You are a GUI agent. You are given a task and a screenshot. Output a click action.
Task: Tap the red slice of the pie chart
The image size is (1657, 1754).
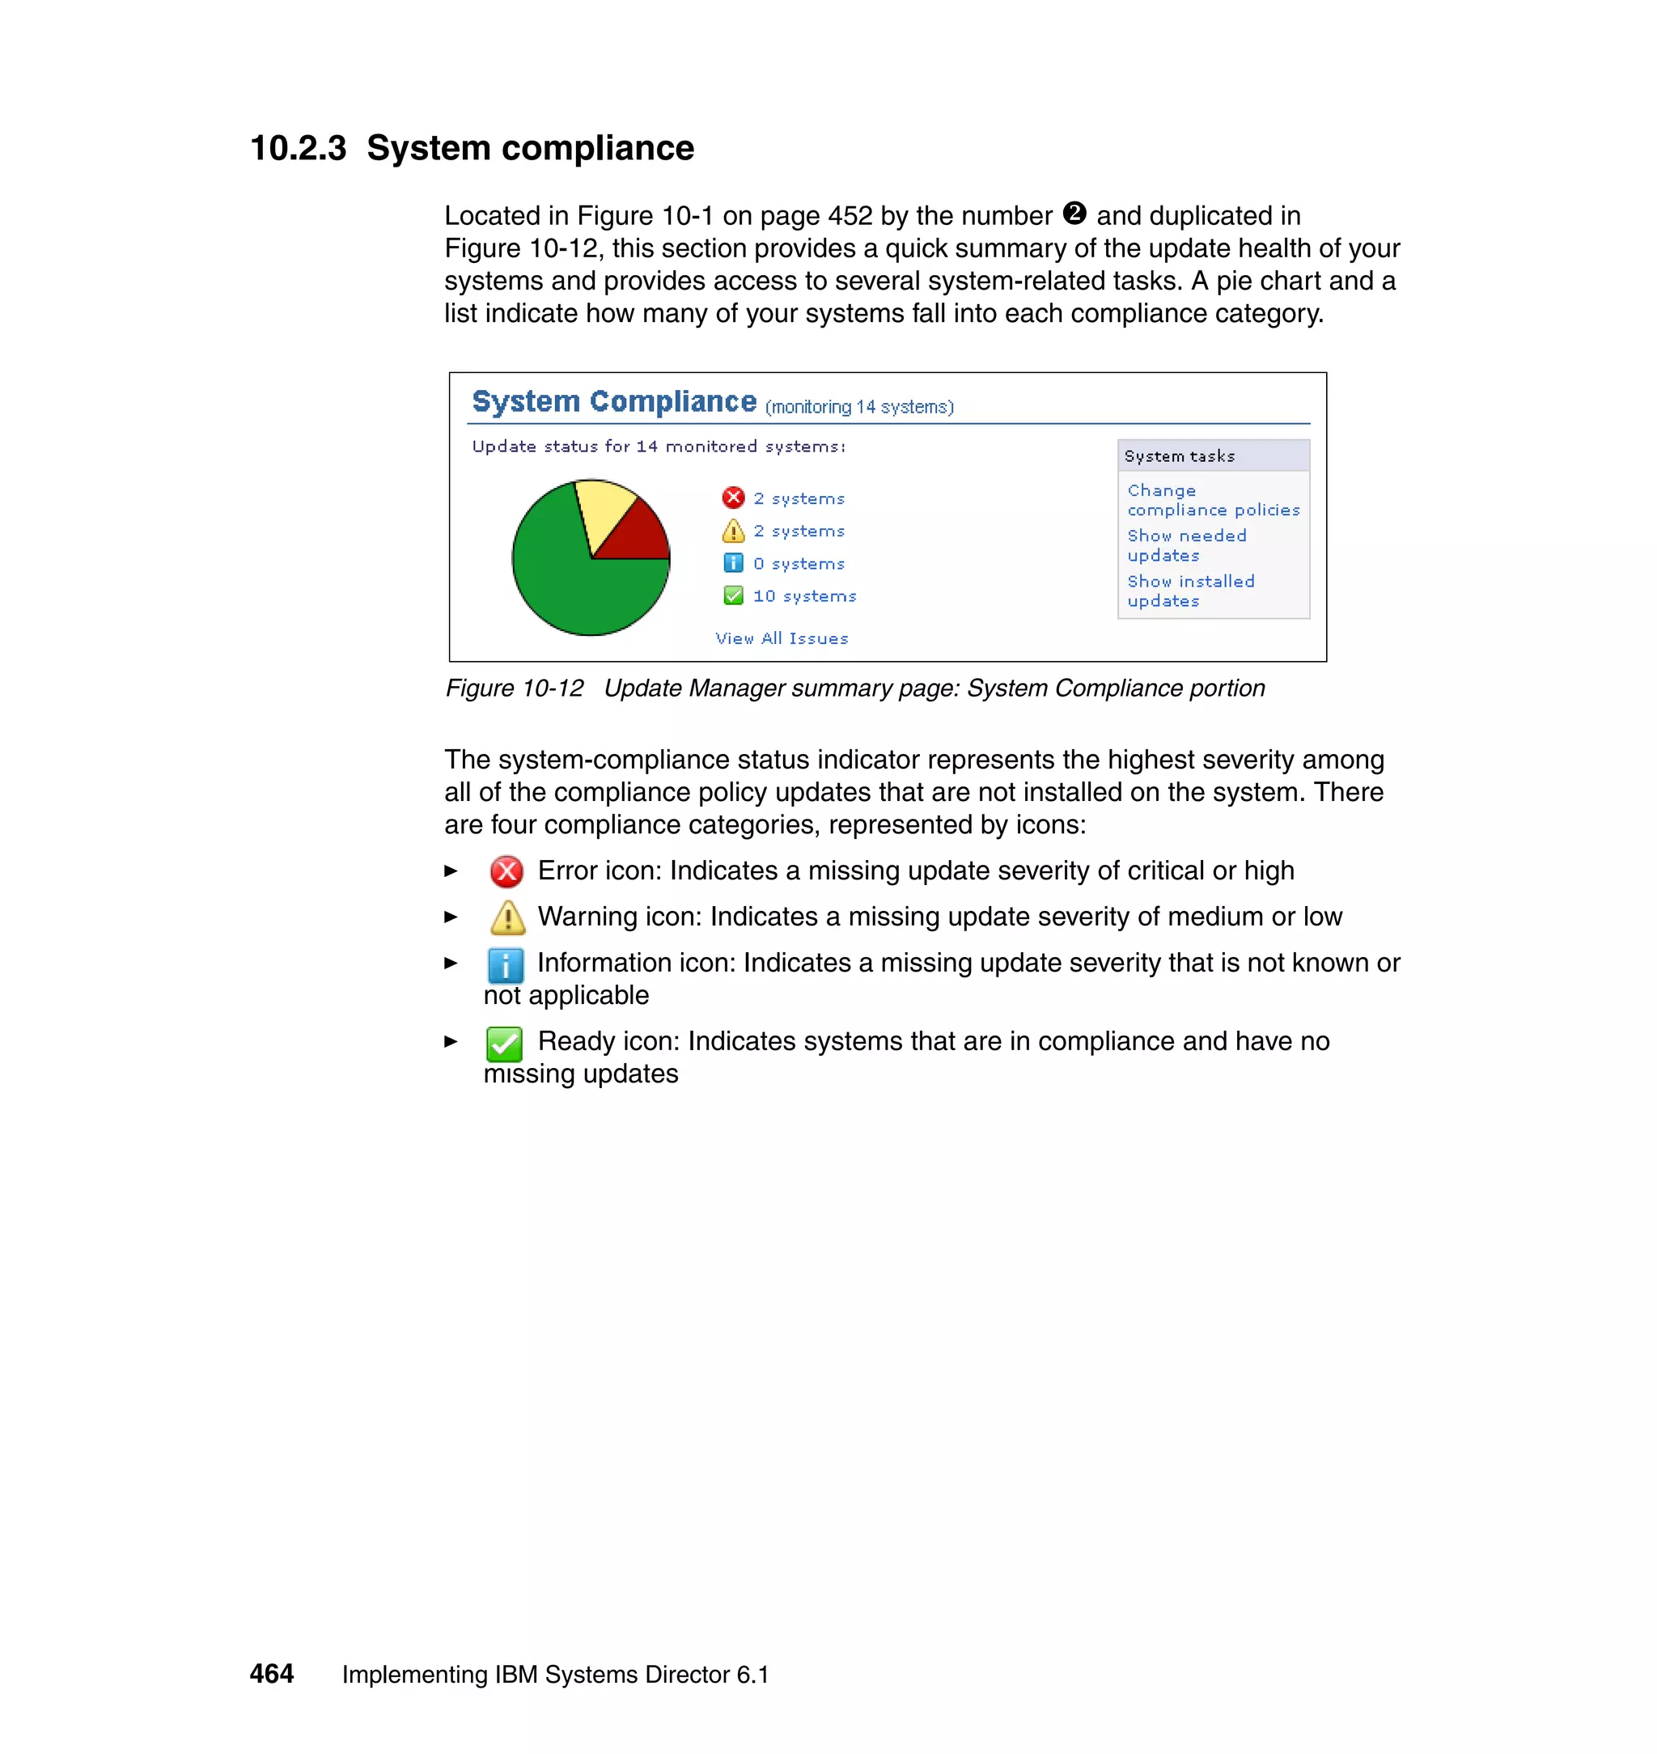click(639, 537)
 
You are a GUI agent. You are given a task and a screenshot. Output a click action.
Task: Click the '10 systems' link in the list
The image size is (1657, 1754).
click(803, 596)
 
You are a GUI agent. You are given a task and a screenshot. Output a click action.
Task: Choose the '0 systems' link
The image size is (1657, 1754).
click(799, 563)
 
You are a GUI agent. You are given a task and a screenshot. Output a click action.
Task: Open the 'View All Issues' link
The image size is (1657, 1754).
click(782, 638)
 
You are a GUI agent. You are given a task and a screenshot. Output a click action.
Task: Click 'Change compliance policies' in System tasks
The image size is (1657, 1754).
click(1213, 500)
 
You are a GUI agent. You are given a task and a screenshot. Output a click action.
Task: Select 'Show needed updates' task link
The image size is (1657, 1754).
click(1186, 546)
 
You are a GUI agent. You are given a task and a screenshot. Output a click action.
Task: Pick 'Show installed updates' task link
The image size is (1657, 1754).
click(1189, 591)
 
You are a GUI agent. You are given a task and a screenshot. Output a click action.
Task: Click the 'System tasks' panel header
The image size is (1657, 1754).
click(1179, 455)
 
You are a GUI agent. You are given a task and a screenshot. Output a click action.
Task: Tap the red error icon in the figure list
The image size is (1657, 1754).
click(733, 498)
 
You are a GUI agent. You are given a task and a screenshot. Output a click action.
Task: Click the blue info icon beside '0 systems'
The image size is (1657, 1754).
click(733, 563)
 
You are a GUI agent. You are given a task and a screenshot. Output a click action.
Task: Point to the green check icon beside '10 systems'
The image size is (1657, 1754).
click(733, 596)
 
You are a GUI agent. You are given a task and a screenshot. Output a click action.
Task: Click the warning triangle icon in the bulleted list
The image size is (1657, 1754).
click(507, 917)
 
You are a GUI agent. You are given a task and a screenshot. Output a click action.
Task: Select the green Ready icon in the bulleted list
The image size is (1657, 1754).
click(504, 1044)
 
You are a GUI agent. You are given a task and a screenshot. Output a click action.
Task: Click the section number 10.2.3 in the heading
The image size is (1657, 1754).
click(298, 148)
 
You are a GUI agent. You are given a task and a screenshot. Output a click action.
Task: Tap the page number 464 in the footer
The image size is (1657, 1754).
click(271, 1674)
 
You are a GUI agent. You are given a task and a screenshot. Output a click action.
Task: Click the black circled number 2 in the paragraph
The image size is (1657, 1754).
click(1074, 214)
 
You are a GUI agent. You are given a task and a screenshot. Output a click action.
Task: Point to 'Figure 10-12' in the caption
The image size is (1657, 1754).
click(514, 688)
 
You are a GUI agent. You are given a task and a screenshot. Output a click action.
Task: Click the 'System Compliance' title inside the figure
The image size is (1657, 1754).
click(614, 402)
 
